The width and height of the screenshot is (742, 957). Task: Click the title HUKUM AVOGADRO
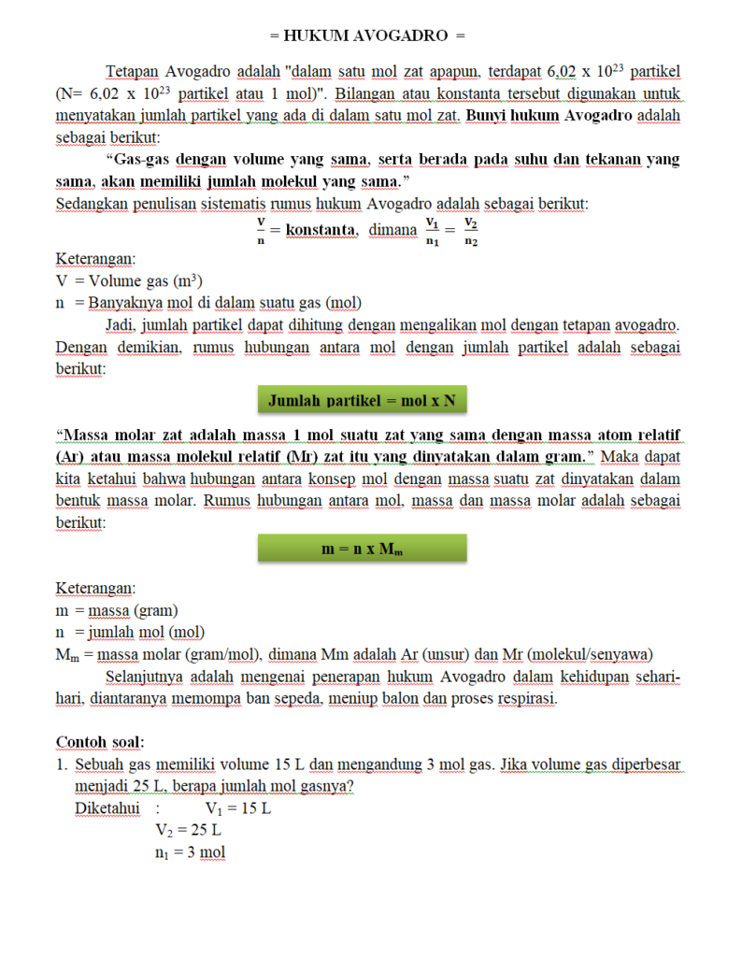click(x=367, y=36)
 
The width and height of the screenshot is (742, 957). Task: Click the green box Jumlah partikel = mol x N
click(x=363, y=401)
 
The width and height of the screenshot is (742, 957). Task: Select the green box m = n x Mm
click(x=363, y=550)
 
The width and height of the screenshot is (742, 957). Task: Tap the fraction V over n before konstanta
click(x=262, y=231)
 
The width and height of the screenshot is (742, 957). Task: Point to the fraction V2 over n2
click(x=471, y=231)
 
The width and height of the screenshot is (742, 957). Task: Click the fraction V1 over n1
click(x=433, y=231)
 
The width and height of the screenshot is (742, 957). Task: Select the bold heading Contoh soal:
click(x=100, y=742)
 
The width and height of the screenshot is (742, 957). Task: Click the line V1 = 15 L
click(x=237, y=808)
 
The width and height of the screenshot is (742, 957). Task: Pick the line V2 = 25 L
click(x=189, y=830)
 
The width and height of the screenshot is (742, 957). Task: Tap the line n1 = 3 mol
click(x=191, y=852)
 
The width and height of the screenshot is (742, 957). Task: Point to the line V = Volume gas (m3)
click(x=129, y=280)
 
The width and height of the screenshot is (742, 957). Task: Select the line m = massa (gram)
click(x=117, y=610)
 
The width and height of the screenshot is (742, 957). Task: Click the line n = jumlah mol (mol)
click(x=131, y=632)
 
